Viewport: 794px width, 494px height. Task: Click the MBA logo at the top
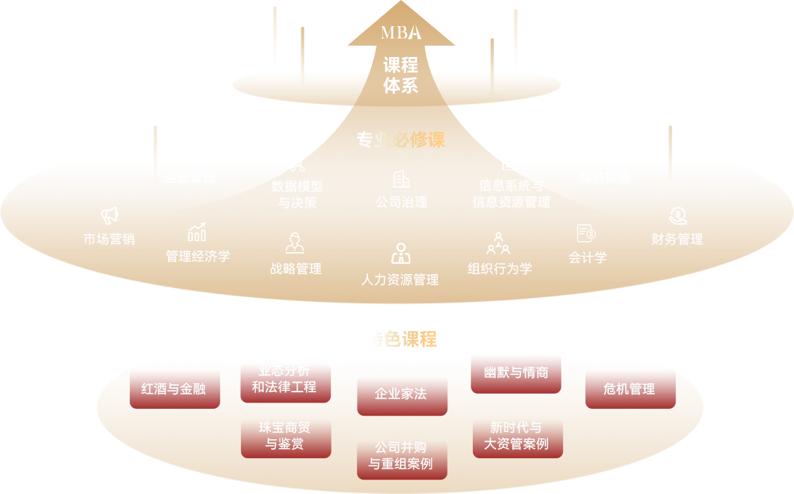pyautogui.click(x=401, y=32)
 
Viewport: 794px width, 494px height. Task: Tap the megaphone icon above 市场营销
pyautogui.click(x=110, y=216)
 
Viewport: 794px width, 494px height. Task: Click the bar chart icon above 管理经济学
pyautogui.click(x=197, y=232)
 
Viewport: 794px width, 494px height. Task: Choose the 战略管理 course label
pyautogui.click(x=296, y=269)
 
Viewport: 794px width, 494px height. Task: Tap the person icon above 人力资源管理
pyautogui.click(x=401, y=254)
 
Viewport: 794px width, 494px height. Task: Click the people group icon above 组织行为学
pyautogui.click(x=498, y=243)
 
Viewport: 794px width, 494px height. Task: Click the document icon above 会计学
pyautogui.click(x=586, y=234)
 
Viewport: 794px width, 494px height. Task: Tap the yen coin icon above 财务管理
pyautogui.click(x=678, y=216)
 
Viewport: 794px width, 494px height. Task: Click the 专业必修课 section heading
pyautogui.click(x=401, y=140)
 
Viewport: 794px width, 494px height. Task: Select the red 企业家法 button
pyautogui.click(x=401, y=395)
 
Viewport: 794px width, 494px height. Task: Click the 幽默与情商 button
pyautogui.click(x=516, y=374)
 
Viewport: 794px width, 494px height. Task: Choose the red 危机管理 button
pyautogui.click(x=630, y=389)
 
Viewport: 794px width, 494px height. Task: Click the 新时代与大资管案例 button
pyautogui.click(x=517, y=437)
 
